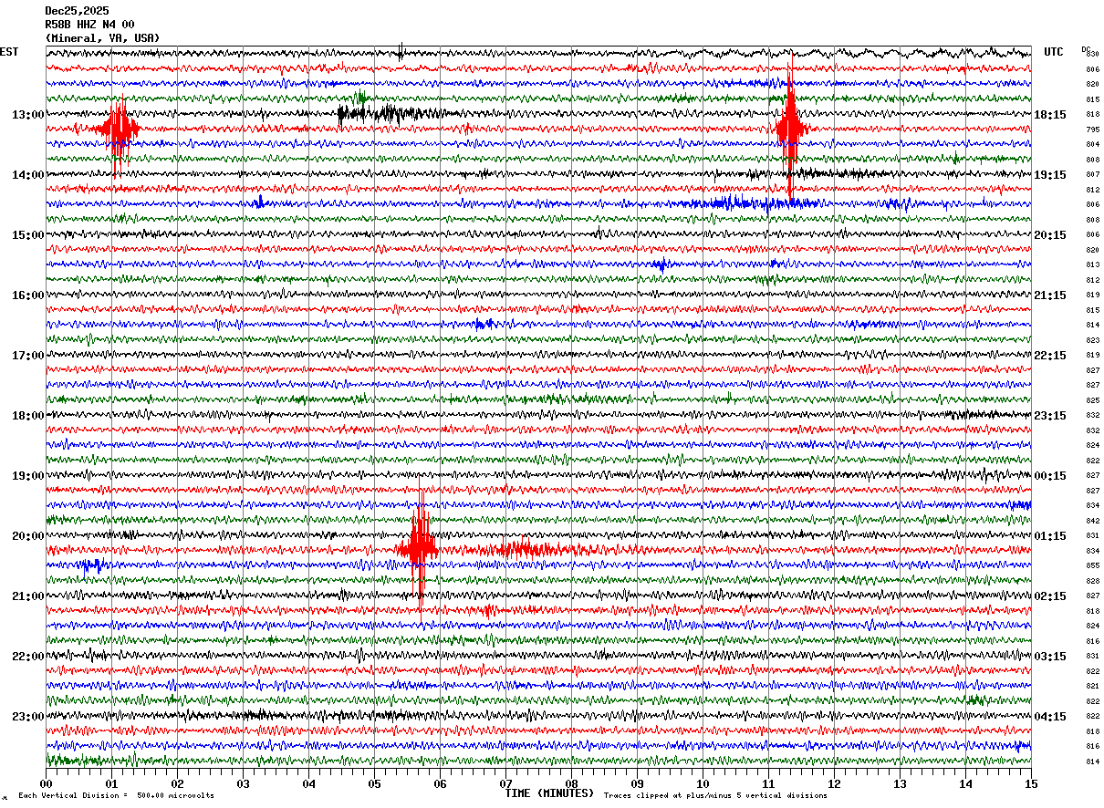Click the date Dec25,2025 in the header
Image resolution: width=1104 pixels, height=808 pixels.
(x=77, y=11)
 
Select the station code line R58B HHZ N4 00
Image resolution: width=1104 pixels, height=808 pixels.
(x=89, y=25)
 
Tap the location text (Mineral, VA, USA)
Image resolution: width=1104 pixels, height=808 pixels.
(x=102, y=38)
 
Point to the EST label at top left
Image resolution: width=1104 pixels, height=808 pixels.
(x=9, y=52)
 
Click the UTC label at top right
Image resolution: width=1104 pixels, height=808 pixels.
(x=1054, y=52)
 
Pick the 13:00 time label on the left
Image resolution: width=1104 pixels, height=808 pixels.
(x=27, y=115)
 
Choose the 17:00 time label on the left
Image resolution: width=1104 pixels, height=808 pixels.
(x=27, y=356)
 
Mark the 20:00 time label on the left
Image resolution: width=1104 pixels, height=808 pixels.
(x=27, y=536)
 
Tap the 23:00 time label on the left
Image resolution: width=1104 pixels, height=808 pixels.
(x=27, y=717)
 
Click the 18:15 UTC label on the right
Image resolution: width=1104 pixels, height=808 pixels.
(x=1050, y=115)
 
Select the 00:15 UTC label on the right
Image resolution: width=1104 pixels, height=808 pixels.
(x=1050, y=476)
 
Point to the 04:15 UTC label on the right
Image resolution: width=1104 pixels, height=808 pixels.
(x=1050, y=717)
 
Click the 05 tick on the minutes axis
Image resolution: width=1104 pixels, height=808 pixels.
(x=374, y=783)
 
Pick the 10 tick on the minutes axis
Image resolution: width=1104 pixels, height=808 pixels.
(x=703, y=783)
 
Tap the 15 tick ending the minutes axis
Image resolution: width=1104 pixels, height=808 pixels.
(x=1031, y=783)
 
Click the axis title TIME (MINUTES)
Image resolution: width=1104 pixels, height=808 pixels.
(x=549, y=793)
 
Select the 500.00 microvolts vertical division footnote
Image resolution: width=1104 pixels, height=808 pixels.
(x=116, y=796)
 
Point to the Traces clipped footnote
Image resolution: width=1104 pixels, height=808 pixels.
(x=715, y=796)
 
